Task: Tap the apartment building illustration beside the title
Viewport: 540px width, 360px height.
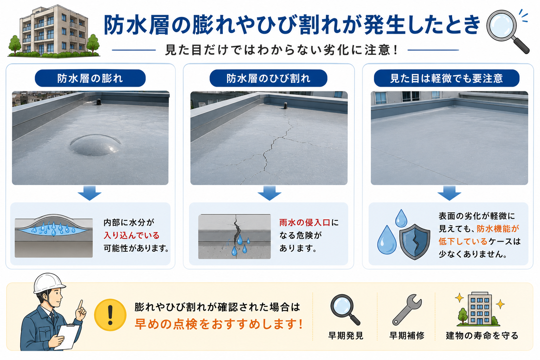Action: pyautogui.click(x=53, y=31)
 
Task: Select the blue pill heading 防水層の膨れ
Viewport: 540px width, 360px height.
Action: pyautogui.click(x=90, y=78)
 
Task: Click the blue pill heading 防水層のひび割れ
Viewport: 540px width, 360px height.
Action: pyautogui.click(x=268, y=78)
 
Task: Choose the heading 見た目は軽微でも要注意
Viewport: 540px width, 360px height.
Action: pyautogui.click(x=446, y=78)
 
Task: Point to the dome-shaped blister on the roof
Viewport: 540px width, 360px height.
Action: pyautogui.click(x=96, y=145)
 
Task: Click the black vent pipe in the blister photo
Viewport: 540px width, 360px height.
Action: pyautogui.click(x=98, y=102)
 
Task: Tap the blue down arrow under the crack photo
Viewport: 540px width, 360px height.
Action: pyautogui.click(x=269, y=193)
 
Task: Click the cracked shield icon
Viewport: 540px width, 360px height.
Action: pyautogui.click(x=414, y=242)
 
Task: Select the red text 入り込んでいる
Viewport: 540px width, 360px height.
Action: pyautogui.click(x=131, y=235)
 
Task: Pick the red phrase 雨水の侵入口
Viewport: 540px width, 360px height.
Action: pyautogui.click(x=305, y=222)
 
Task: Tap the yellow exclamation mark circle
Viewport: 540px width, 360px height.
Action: pyautogui.click(x=110, y=315)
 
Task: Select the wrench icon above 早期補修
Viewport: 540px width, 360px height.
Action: pyautogui.click(x=407, y=309)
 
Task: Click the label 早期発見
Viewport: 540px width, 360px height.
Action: pyautogui.click(x=346, y=335)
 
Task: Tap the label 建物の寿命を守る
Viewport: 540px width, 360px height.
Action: pyautogui.click(x=482, y=335)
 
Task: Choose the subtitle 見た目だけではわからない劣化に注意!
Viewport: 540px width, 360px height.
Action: pyautogui.click(x=281, y=50)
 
